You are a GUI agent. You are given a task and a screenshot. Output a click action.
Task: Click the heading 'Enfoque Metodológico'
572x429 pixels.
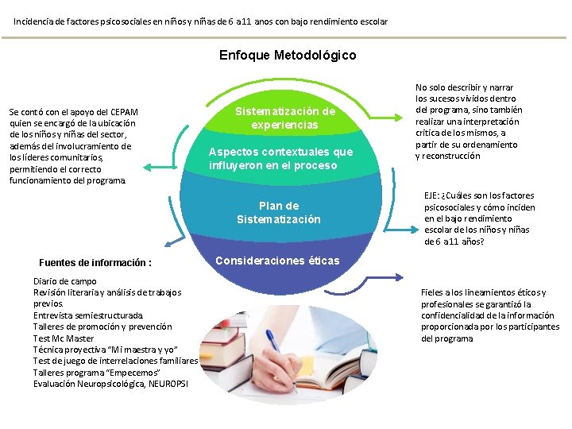[287, 56]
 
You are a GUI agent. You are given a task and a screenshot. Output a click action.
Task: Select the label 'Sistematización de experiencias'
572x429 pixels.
[284, 118]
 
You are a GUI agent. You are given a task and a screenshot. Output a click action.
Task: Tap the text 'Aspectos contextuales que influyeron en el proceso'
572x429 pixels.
[280, 159]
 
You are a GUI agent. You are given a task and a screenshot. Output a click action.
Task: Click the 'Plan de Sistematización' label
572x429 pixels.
[278, 212]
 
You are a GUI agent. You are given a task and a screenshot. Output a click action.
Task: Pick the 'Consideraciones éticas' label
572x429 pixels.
[277, 261]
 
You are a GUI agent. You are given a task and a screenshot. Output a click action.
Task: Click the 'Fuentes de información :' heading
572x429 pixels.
[95, 263]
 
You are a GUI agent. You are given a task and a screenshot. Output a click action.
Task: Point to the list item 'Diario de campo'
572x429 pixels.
[65, 281]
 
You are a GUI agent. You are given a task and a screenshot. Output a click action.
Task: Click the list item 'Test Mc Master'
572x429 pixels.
[63, 338]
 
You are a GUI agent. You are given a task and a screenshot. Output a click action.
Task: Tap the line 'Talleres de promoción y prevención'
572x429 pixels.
[102, 327]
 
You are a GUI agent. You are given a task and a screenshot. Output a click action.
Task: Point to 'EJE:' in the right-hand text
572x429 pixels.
[434, 195]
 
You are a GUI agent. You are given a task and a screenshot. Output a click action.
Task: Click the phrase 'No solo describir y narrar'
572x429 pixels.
[464, 87]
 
